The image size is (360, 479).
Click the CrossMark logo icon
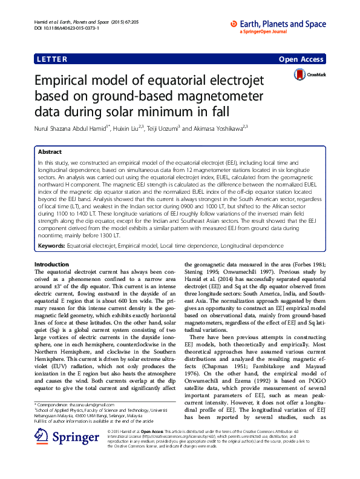click(300, 75)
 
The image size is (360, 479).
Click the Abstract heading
click(50, 152)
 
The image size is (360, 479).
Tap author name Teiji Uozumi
click(163, 128)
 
